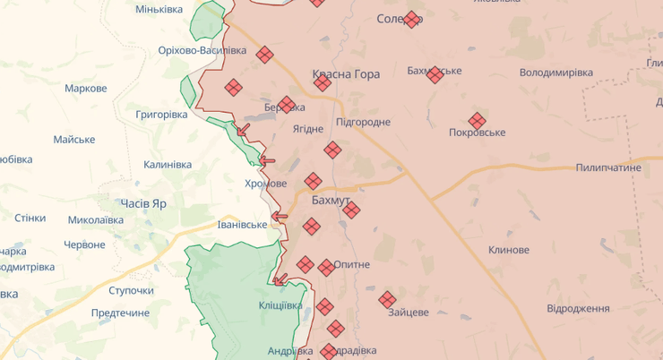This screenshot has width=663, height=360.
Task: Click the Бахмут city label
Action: [x=331, y=200]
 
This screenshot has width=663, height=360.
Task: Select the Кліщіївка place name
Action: [x=280, y=305]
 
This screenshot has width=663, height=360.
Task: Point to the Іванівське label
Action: [x=243, y=224]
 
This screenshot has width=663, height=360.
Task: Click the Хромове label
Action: [x=265, y=183]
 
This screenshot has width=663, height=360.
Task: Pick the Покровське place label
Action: [x=477, y=133]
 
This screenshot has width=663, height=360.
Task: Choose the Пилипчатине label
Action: [x=609, y=167]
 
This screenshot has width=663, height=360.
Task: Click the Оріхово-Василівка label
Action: [x=202, y=50]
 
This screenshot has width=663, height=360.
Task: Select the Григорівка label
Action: [x=161, y=115]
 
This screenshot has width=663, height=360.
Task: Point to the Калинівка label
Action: [x=168, y=165]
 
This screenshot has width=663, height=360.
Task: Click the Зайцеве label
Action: [x=409, y=313]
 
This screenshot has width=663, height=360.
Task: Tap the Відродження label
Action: [x=578, y=308]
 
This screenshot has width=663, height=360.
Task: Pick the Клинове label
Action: [x=510, y=250]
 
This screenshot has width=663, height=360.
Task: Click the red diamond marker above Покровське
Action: [x=477, y=120]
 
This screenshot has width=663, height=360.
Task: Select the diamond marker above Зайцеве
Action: [x=387, y=299]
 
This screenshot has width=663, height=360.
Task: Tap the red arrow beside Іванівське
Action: [x=280, y=216]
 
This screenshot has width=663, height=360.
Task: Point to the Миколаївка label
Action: [x=96, y=219]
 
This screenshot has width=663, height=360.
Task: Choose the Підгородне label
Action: [x=363, y=122]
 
